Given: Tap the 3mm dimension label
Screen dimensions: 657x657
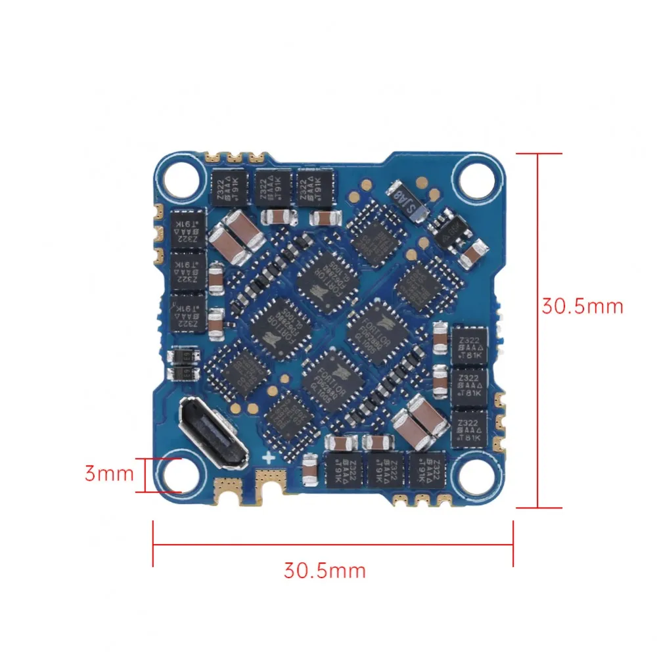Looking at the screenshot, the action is click(109, 473).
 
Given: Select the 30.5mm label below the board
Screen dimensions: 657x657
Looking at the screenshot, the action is click(325, 569).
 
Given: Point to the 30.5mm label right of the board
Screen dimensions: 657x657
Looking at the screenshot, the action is click(582, 306).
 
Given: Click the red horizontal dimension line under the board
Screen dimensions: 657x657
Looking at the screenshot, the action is click(332, 543).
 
